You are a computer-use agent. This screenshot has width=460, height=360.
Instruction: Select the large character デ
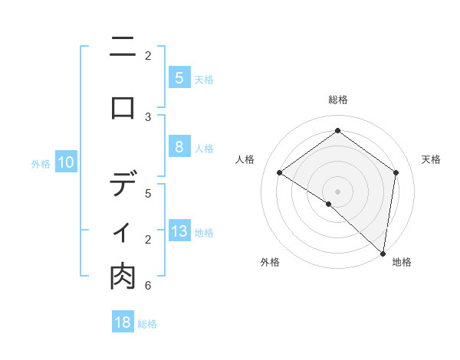click(x=123, y=184)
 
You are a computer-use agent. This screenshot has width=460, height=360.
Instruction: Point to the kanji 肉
click(x=123, y=277)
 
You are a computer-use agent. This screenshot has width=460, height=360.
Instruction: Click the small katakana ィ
click(x=123, y=232)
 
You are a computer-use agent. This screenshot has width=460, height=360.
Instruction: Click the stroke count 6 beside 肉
click(x=148, y=286)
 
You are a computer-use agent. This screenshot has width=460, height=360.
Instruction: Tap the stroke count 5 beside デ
click(x=148, y=193)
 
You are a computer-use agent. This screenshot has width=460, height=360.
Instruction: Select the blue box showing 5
click(x=179, y=77)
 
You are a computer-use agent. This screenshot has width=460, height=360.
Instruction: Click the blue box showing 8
click(x=179, y=147)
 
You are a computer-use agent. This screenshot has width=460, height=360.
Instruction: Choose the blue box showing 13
click(x=179, y=231)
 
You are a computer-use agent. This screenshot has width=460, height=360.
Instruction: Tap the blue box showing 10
click(x=66, y=162)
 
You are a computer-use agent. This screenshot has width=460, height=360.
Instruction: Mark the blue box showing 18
click(x=123, y=322)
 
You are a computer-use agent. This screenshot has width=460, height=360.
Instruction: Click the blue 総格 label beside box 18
click(x=147, y=324)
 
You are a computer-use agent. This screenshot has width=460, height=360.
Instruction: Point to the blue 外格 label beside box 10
click(x=41, y=163)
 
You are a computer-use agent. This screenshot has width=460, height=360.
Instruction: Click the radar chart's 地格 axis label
click(x=402, y=262)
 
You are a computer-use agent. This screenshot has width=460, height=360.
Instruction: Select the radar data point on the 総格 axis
click(x=337, y=131)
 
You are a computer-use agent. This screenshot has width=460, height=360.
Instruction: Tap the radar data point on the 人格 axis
click(x=280, y=172)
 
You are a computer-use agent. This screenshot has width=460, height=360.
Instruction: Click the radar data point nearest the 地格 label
click(x=383, y=253)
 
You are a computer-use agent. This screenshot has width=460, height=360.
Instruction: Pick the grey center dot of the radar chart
click(x=337, y=191)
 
